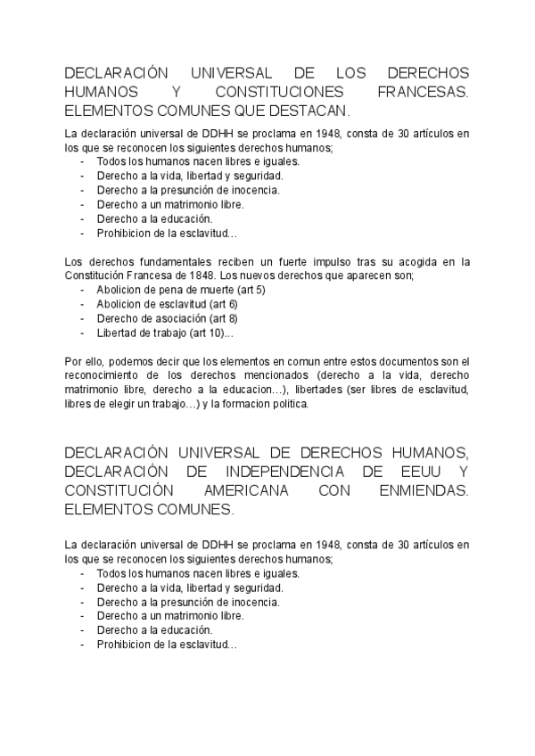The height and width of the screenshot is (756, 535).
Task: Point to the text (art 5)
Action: [x=247, y=290]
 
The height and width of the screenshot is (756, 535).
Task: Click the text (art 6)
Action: [x=221, y=304]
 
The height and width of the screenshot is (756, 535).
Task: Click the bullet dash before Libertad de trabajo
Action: [x=82, y=333]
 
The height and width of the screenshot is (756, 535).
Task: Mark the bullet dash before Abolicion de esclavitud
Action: [x=82, y=304]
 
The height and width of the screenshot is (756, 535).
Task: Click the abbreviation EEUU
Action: [x=411, y=472]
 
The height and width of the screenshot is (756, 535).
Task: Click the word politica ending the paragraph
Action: [x=286, y=404]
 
